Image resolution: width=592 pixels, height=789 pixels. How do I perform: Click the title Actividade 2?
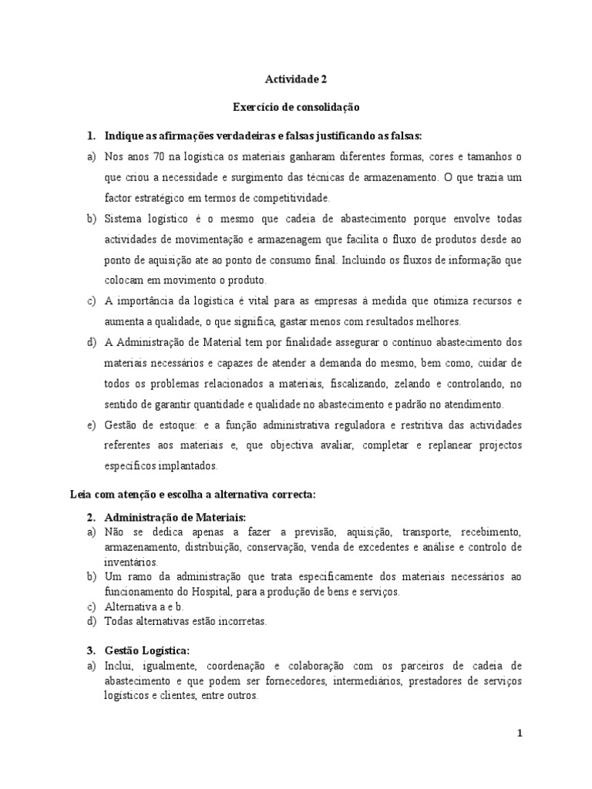tap(296, 78)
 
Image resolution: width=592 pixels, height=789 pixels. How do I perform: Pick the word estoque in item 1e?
tap(173, 425)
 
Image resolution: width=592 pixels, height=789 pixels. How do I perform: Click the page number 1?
tap(520, 734)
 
